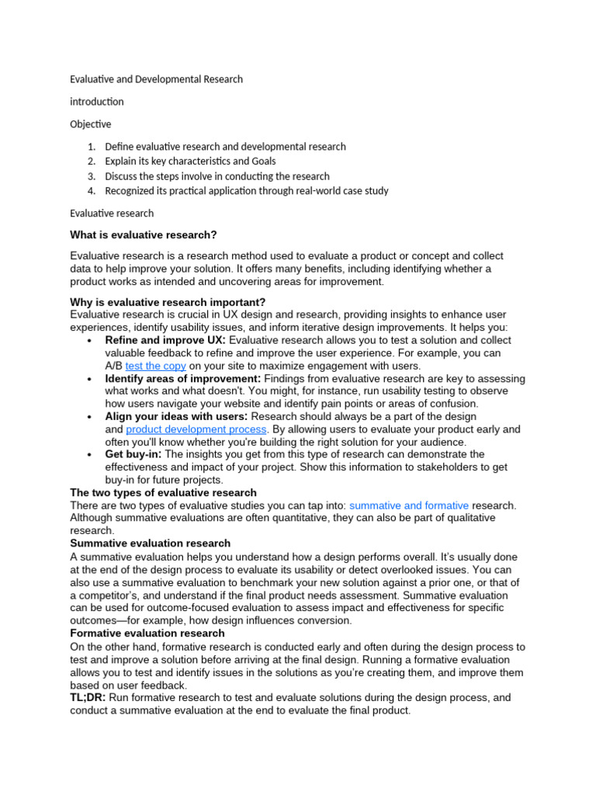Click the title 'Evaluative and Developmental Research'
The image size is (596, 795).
tap(156, 79)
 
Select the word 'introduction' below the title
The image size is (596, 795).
tap(97, 102)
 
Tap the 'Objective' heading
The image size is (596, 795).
tap(91, 124)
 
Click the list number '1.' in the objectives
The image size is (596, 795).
tap(91, 147)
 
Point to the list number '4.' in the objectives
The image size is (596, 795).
tap(91, 191)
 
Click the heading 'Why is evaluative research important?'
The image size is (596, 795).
tap(168, 302)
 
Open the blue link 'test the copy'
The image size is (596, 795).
tap(155, 366)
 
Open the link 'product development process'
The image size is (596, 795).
tap(196, 429)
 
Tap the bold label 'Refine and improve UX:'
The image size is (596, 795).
tap(165, 340)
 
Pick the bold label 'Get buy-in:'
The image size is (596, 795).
tap(133, 454)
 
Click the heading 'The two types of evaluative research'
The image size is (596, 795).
tap(163, 493)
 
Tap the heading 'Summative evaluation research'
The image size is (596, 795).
tap(150, 543)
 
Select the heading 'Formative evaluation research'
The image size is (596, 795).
tap(147, 634)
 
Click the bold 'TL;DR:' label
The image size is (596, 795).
tap(88, 698)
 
